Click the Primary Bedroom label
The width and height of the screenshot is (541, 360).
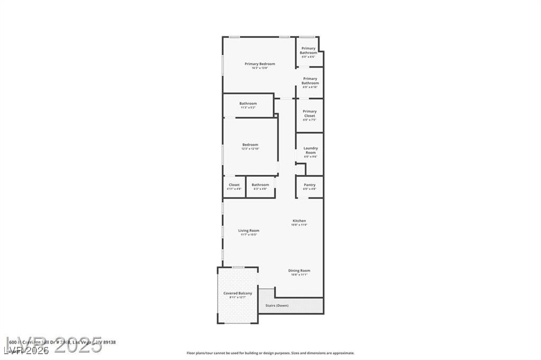pos(260,64)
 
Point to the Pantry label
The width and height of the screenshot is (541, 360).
pos(310,185)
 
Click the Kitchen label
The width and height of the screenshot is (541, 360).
pos(299,221)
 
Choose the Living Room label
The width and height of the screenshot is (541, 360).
pos(248,231)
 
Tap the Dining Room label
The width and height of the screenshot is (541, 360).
pos(299,271)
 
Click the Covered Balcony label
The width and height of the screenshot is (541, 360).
pos(238,293)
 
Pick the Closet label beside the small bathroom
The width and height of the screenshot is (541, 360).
pos(234,185)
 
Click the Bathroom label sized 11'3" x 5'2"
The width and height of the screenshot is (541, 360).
pos(248,103)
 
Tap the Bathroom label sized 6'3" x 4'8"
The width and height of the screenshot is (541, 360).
pos(260,185)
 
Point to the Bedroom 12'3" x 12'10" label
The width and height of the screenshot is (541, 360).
pos(250,145)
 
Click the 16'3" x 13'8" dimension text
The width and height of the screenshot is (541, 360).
pos(260,68)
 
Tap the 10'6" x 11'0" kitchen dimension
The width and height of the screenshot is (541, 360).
pos(299,225)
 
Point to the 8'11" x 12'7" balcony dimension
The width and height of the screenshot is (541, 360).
pos(238,297)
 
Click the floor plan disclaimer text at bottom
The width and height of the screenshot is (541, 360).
pos(270,353)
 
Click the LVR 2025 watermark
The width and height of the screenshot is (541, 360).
pos(53,344)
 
